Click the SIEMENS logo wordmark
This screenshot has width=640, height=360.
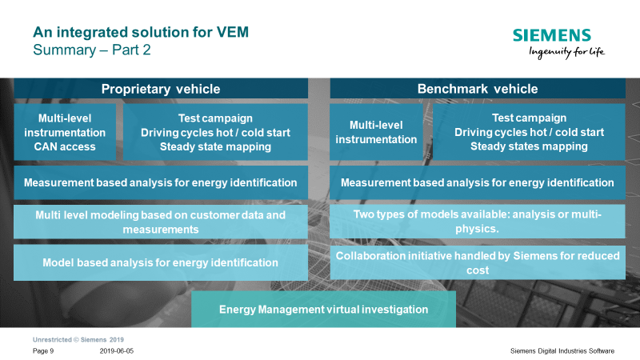[x=552, y=35]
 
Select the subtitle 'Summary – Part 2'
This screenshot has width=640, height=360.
[x=92, y=50]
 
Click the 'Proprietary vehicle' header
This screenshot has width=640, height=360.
[x=160, y=89]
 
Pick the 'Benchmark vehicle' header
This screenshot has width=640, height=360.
[x=478, y=89]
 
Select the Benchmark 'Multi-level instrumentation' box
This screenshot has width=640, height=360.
[x=376, y=132]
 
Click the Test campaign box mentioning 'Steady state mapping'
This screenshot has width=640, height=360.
[x=215, y=132]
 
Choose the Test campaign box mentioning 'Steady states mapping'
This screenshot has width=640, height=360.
[x=529, y=132]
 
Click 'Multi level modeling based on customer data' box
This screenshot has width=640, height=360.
[x=160, y=222]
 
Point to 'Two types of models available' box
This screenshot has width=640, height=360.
[x=478, y=222]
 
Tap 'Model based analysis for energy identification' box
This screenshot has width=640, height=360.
[x=160, y=262]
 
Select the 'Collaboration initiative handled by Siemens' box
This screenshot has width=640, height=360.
[x=478, y=262]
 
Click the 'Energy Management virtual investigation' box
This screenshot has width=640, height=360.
[x=323, y=309]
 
